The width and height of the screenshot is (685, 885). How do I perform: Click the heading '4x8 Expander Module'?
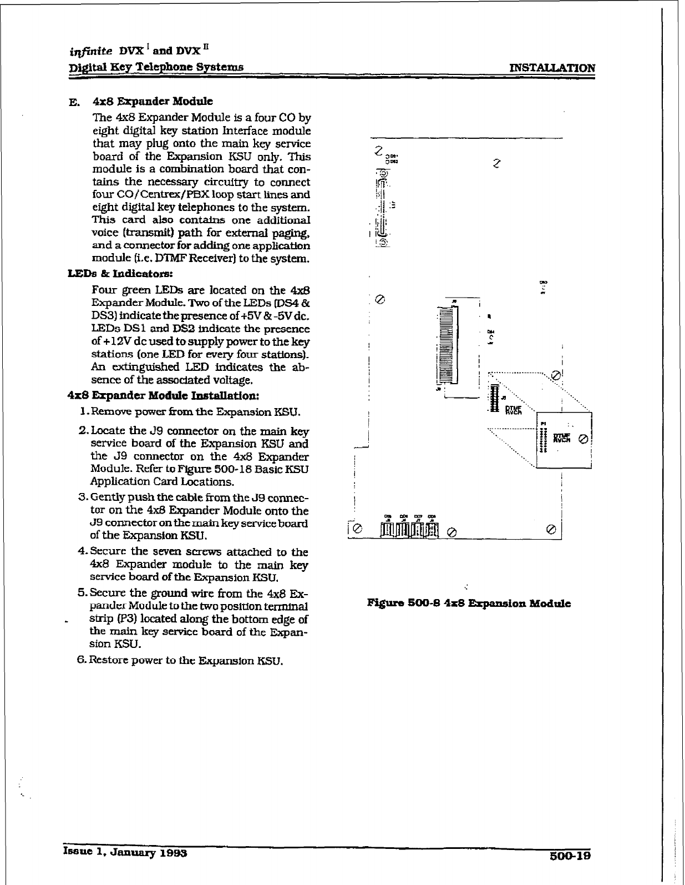pos(153,102)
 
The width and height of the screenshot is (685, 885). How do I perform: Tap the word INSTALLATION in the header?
pos(552,68)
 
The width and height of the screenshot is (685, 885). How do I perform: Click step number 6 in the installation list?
pos(82,661)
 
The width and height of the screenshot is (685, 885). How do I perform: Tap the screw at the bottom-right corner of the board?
pos(551,527)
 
